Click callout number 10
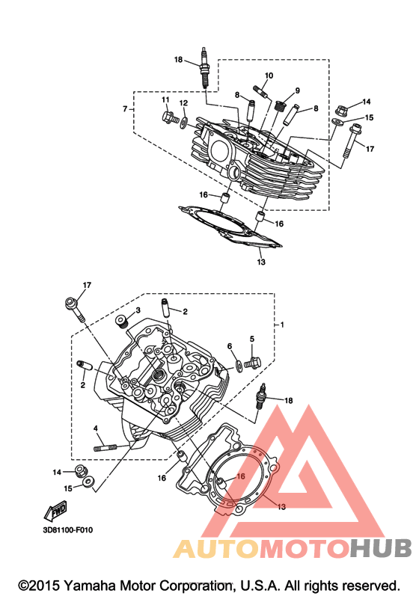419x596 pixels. [x=269, y=76]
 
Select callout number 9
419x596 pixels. [x=297, y=90]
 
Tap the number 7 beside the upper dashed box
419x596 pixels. [x=125, y=109]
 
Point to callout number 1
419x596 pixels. [x=282, y=325]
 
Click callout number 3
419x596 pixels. [x=138, y=310]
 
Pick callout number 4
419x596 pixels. [x=96, y=428]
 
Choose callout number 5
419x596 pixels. [x=251, y=339]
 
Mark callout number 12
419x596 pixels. [x=183, y=103]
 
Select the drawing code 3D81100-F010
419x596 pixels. [x=67, y=530]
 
